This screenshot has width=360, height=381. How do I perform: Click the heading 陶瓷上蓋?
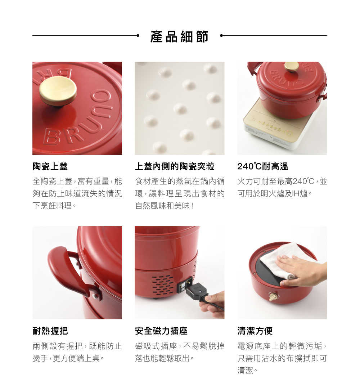point(50,166)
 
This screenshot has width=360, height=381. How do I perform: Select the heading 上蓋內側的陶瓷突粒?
point(175,166)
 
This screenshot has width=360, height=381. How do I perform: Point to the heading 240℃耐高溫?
point(262,166)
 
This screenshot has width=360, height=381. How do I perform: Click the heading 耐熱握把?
point(50,331)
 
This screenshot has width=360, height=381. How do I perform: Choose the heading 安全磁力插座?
point(161,331)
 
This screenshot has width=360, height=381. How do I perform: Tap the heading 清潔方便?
point(255,331)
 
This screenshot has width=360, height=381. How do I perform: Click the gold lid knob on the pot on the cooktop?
point(292,67)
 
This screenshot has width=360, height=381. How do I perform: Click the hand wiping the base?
point(302,270)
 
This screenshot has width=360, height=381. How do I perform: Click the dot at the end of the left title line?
point(138,36)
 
